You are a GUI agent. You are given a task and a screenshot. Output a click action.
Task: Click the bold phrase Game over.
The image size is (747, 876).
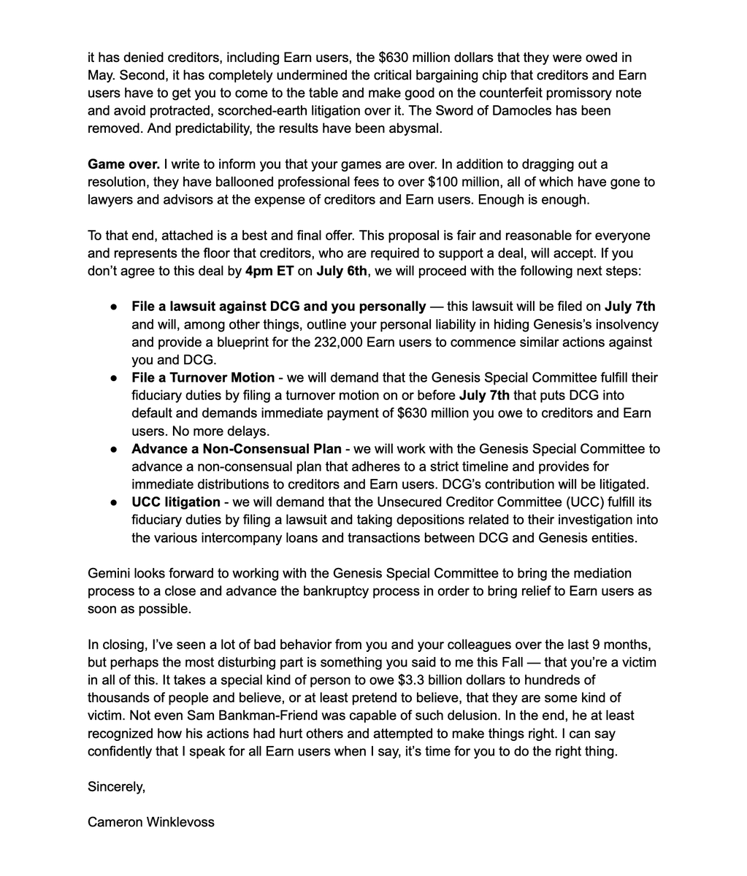tap(123, 164)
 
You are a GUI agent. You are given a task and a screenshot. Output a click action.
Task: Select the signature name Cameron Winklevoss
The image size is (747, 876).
tap(151, 822)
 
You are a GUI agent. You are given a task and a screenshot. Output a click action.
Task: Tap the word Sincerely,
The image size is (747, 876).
tap(117, 786)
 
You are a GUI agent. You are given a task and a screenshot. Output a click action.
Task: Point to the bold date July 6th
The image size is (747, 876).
tap(342, 272)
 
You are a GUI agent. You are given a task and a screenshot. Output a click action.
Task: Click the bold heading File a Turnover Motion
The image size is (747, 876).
tap(203, 377)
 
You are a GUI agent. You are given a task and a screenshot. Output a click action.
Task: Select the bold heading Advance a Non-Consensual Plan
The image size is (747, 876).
tap(237, 449)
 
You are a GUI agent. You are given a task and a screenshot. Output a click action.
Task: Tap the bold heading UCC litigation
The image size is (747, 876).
tap(175, 502)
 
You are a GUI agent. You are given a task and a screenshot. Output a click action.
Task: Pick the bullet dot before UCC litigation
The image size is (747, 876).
tap(115, 502)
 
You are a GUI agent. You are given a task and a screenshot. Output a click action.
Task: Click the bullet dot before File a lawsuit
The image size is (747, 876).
tap(115, 307)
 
